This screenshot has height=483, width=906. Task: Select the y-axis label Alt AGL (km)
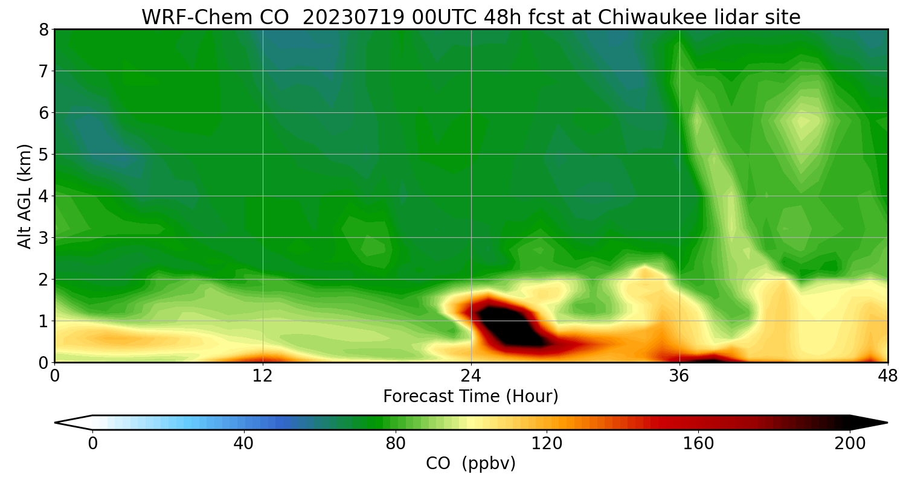(x=25, y=196)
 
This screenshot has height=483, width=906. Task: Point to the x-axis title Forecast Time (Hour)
(x=471, y=397)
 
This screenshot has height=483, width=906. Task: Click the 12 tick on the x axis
(x=263, y=376)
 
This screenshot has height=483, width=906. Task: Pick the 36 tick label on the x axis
(x=679, y=376)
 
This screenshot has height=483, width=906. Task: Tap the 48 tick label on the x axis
(x=887, y=376)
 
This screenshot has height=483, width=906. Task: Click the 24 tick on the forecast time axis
(x=471, y=376)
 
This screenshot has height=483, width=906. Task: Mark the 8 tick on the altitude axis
(x=43, y=30)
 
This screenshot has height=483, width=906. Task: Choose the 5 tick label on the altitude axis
(x=43, y=155)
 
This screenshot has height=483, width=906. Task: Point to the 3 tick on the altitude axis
(x=43, y=238)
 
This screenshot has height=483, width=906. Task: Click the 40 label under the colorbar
(x=244, y=444)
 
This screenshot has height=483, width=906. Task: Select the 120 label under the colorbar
(x=547, y=444)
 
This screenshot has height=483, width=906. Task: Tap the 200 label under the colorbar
(x=850, y=444)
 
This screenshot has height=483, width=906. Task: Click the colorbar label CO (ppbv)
(x=471, y=464)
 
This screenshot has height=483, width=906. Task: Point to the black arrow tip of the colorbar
(x=870, y=423)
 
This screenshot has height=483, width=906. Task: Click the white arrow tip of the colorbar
(x=72, y=423)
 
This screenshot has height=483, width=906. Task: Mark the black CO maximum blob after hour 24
(x=510, y=326)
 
